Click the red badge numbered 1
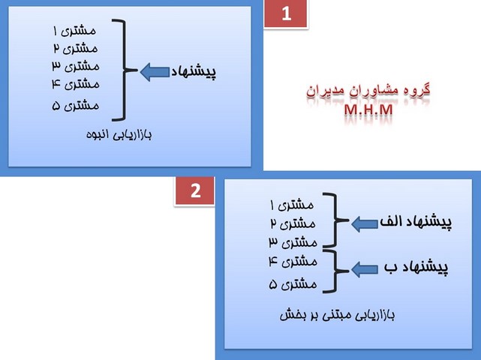[286, 14]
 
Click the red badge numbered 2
[195, 190]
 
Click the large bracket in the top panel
[128, 70]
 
